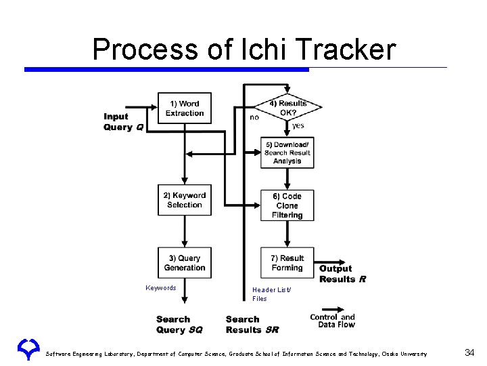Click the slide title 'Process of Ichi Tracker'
click(243, 49)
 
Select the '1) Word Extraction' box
click(184, 108)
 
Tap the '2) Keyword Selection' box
click(184, 201)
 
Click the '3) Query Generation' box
click(184, 263)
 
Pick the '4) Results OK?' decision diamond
click(287, 108)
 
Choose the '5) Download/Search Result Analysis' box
click(287, 153)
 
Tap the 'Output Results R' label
click(342, 274)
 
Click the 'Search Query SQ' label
click(179, 325)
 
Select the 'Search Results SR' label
click(252, 325)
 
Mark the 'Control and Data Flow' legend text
click(332, 321)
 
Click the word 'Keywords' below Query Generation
click(161, 288)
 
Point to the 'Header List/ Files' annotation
click(271, 294)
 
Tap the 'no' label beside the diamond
click(254, 117)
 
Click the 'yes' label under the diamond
click(298, 126)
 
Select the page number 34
click(469, 352)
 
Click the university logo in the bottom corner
click(28, 349)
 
